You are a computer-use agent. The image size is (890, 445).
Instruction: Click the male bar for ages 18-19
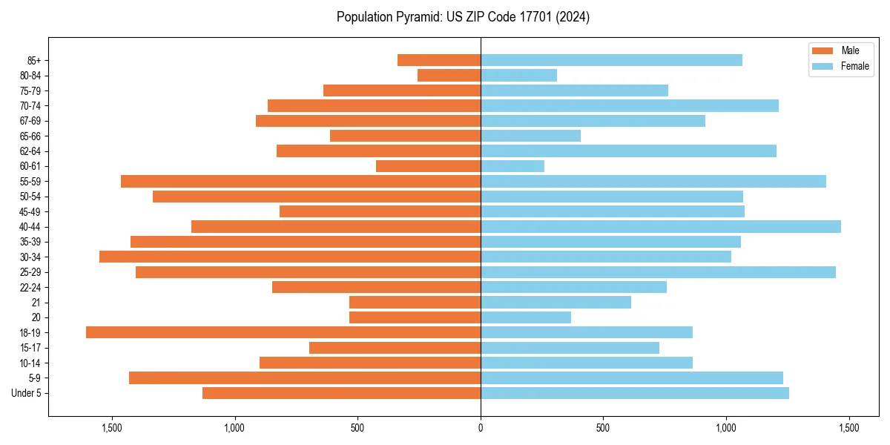pos(283,332)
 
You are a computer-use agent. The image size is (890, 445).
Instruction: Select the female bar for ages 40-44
pos(661,226)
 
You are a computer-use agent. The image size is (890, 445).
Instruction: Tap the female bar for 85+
pos(611,60)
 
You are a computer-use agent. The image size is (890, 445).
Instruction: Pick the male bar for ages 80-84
pos(449,75)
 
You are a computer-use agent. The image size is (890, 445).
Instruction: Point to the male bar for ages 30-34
pos(290,257)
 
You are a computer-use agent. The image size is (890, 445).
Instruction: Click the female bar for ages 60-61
pos(512,166)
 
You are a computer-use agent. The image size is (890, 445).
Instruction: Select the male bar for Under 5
pos(341,393)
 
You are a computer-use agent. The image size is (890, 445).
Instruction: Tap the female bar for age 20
pos(526,317)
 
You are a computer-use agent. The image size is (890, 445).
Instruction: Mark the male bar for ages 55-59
pos(300,181)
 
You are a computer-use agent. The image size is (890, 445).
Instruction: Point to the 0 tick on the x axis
pos(481,428)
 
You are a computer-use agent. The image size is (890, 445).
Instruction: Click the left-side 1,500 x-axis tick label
pos(112,428)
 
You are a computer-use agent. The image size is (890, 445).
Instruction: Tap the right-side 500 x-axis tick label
pos(603,428)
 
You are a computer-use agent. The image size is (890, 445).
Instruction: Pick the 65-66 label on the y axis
pos(30,136)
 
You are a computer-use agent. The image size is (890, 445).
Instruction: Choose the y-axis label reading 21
pos(36,303)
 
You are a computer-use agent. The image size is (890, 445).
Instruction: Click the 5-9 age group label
pos(34,378)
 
